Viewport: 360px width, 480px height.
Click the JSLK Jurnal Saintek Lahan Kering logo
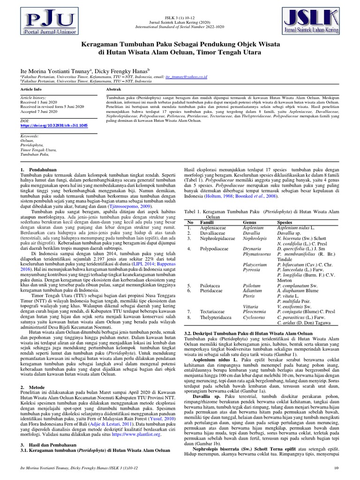316,22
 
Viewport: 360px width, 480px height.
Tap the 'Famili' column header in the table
207,222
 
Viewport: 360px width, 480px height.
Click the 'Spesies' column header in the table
285,222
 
